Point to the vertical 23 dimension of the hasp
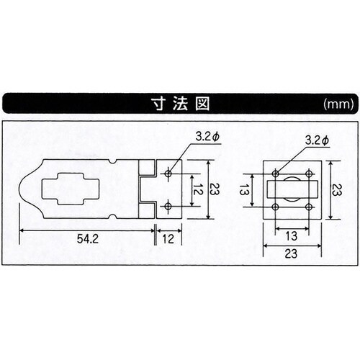(x=214, y=190)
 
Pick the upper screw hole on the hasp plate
(x=168, y=174)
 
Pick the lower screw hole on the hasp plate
(x=168, y=207)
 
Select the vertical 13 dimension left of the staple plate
(x=243, y=192)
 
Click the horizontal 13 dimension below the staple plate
(x=292, y=236)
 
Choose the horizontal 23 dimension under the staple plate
(x=292, y=253)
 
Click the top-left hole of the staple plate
(x=275, y=174)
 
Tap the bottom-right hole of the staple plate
(x=308, y=207)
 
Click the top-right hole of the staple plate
(x=308, y=174)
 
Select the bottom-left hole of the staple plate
(x=275, y=207)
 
